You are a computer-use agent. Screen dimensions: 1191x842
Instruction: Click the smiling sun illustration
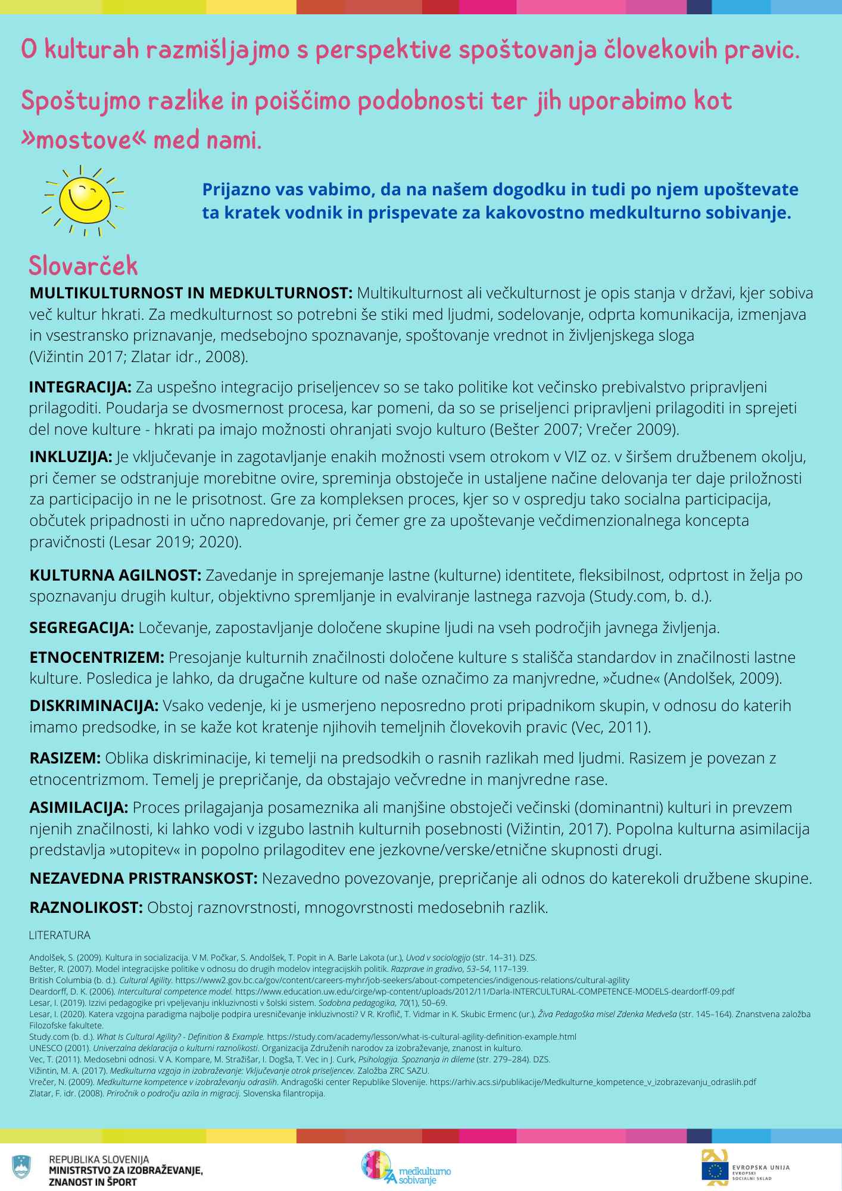tap(84, 200)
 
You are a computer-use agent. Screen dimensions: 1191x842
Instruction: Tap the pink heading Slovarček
tap(83, 266)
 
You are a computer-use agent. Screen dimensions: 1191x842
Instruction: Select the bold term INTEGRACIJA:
tap(80, 387)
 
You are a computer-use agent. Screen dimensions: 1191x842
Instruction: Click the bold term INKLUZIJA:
tap(71, 457)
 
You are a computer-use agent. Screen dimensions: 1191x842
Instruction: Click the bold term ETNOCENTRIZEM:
tap(97, 657)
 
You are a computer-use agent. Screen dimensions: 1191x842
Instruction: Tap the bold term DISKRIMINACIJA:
tap(94, 706)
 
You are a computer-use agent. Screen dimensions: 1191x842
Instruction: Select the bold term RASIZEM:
tap(66, 758)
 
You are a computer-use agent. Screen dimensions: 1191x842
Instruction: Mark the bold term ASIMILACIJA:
tap(79, 807)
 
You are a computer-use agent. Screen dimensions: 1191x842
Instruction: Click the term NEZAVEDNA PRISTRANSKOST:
tap(144, 878)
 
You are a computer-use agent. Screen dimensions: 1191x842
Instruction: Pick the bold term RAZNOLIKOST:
tap(86, 908)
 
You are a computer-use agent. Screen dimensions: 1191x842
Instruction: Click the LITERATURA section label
tap(60, 936)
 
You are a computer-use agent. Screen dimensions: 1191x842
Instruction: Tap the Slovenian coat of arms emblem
tap(21, 1167)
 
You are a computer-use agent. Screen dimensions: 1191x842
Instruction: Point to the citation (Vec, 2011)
tap(611, 727)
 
